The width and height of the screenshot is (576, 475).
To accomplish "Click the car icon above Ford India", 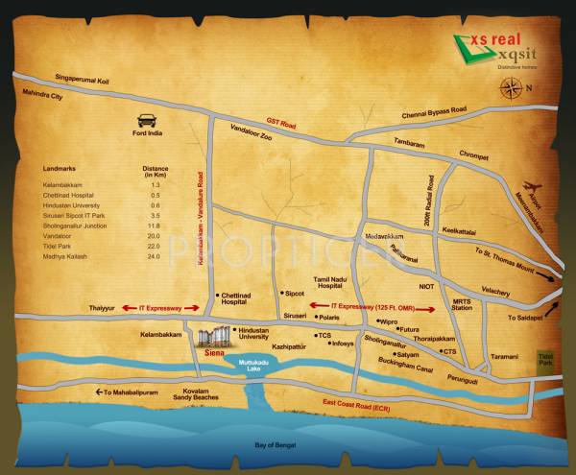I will (x=148, y=121).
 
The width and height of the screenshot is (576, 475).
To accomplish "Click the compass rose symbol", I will (x=511, y=90).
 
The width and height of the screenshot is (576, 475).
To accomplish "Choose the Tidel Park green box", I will (x=546, y=362).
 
